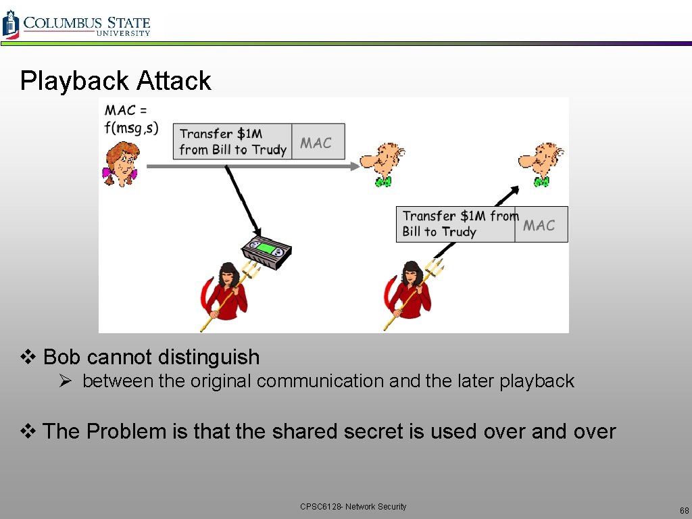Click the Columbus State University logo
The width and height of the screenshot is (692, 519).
(76, 24)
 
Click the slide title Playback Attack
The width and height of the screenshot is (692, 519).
(116, 81)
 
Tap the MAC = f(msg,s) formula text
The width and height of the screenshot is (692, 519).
(131, 119)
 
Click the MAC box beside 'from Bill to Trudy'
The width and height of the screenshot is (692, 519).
(318, 142)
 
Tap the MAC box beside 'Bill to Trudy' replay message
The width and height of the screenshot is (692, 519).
(541, 225)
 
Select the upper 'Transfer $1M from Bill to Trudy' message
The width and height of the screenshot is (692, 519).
(232, 142)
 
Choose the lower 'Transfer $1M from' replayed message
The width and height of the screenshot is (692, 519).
(456, 224)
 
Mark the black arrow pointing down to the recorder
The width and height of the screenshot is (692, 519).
(243, 197)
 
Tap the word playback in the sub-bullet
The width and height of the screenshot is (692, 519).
(537, 381)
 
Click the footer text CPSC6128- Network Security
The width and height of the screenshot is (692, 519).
(353, 507)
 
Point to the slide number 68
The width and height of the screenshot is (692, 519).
(684, 511)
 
